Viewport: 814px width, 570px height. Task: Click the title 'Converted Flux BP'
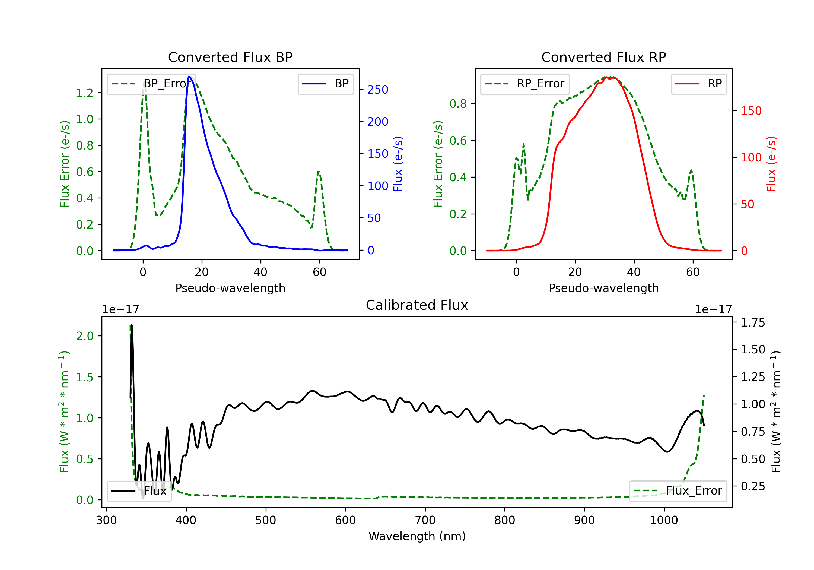point(230,57)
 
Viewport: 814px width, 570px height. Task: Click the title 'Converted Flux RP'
point(603,57)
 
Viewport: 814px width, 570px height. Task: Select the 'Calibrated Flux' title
point(417,305)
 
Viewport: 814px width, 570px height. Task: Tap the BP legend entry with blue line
point(325,84)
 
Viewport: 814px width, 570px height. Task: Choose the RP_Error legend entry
point(525,84)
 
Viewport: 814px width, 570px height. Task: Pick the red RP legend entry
point(699,84)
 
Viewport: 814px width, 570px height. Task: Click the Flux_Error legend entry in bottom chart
point(678,491)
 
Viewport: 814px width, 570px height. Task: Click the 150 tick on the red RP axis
point(751,111)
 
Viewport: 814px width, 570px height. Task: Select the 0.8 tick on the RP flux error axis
point(458,104)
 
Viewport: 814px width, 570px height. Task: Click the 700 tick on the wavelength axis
point(425,520)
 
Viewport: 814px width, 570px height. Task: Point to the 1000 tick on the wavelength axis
point(664,520)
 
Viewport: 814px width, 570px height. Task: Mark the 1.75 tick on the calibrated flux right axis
point(753,322)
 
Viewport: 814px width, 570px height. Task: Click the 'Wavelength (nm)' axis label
point(417,536)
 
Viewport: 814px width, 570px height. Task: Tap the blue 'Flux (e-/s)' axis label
point(398,164)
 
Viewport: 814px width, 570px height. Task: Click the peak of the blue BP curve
point(190,77)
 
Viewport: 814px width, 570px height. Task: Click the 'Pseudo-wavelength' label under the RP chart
point(603,288)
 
